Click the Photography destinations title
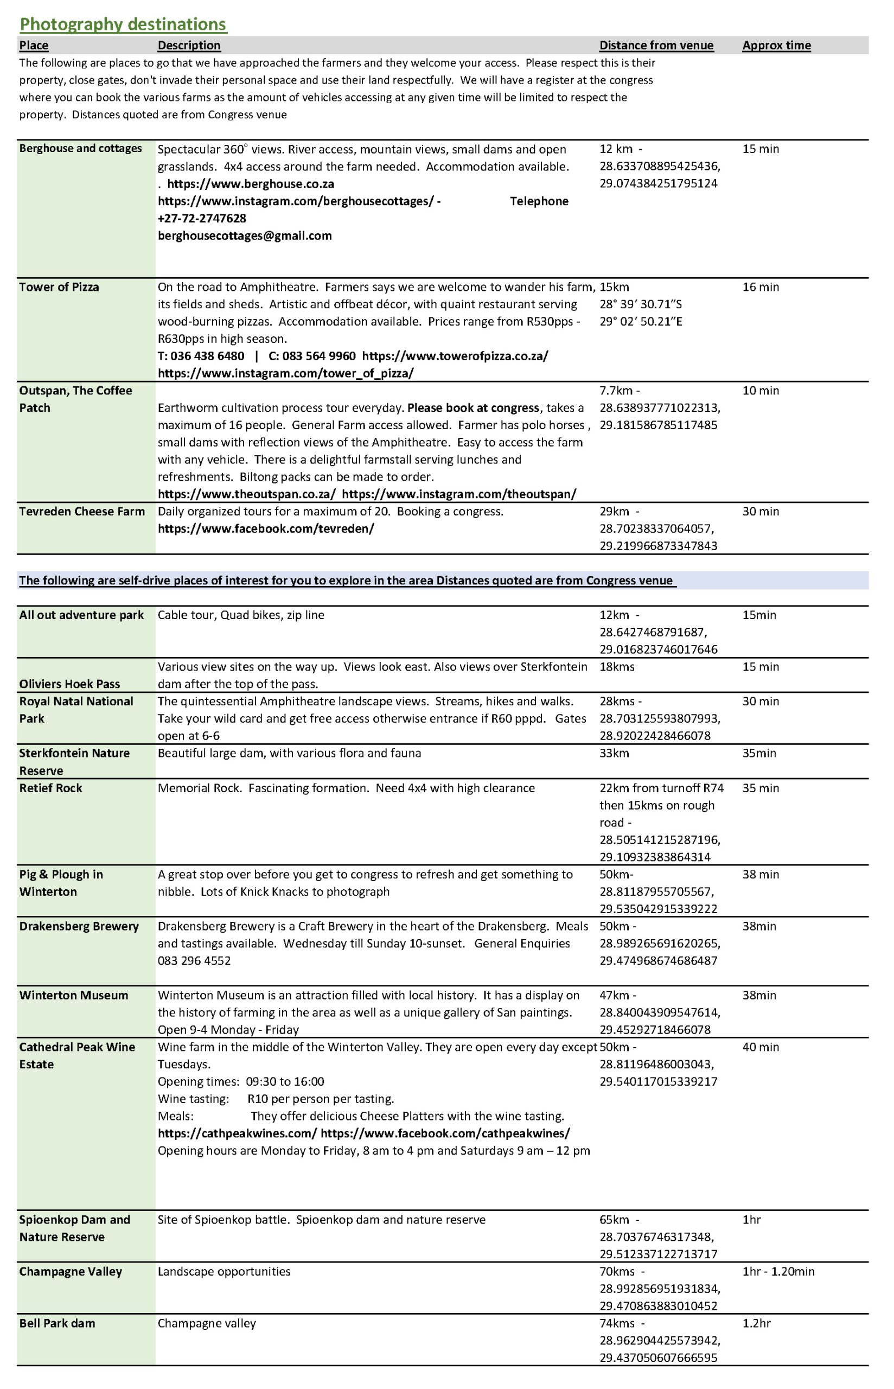pos(123,24)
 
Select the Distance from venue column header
pos(656,45)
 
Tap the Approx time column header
pos(776,45)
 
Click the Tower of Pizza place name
pos(59,286)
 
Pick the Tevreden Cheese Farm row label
pos(82,511)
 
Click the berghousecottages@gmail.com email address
pos(245,235)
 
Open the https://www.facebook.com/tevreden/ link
pos(266,528)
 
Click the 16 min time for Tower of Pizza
pos(761,286)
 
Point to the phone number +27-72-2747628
pos(202,218)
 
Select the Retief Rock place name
pos(50,788)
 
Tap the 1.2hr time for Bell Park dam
pos(756,1323)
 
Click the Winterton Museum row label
pos(73,995)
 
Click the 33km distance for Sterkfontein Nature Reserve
pos(614,753)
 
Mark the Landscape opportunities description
pos(224,1271)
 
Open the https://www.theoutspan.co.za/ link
pos(247,494)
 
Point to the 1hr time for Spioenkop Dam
pos(751,1220)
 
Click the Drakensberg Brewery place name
pos(79,926)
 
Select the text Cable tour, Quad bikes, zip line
pos(241,615)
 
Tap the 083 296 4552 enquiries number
pos(194,960)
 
